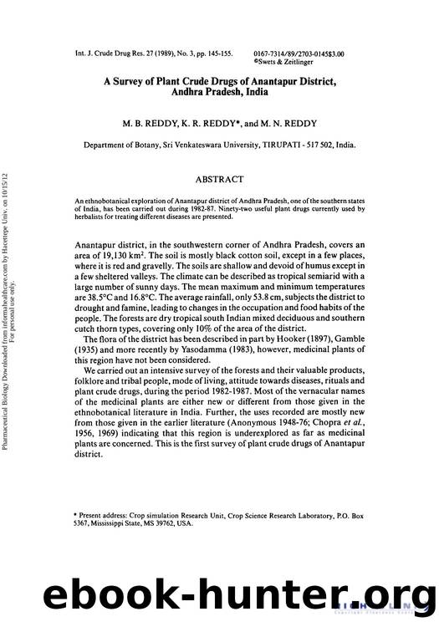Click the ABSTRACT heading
(219, 180)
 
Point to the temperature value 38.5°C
(94, 307)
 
